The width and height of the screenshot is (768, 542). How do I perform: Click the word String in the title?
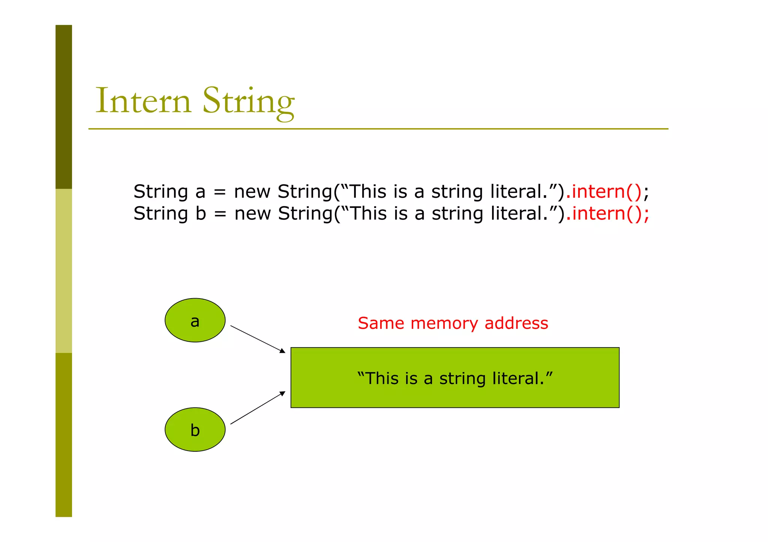[248, 101]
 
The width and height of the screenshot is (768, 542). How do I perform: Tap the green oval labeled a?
[195, 320]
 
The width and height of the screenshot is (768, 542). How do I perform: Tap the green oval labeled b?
[195, 429]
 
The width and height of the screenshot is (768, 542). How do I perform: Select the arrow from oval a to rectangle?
[258, 339]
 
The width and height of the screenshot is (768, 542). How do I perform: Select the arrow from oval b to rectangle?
[258, 408]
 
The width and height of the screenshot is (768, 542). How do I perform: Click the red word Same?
[381, 323]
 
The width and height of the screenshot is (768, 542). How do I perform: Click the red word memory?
[444, 323]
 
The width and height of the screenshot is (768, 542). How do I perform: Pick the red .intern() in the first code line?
[604, 191]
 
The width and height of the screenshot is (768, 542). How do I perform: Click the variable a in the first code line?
[200, 192]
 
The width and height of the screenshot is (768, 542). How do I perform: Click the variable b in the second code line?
[201, 214]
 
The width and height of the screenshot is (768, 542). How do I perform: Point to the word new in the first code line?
[252, 192]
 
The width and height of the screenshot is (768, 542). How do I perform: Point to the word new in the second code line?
[252, 214]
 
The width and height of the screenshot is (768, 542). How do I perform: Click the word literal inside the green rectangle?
[517, 378]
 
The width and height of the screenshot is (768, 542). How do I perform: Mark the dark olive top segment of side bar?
[64, 107]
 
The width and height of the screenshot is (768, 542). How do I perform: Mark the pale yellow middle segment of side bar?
[64, 270]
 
